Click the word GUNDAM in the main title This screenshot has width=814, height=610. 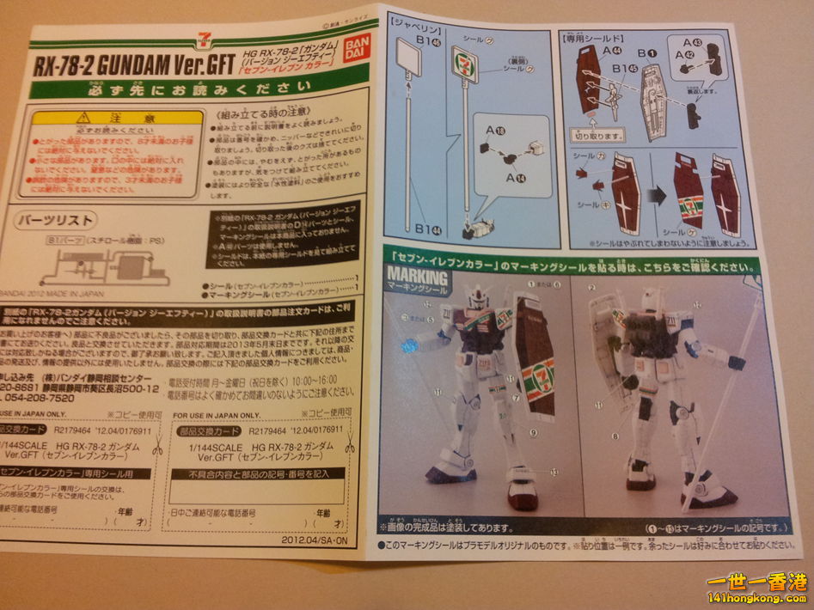[122, 67]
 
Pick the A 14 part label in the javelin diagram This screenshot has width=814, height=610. [516, 176]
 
